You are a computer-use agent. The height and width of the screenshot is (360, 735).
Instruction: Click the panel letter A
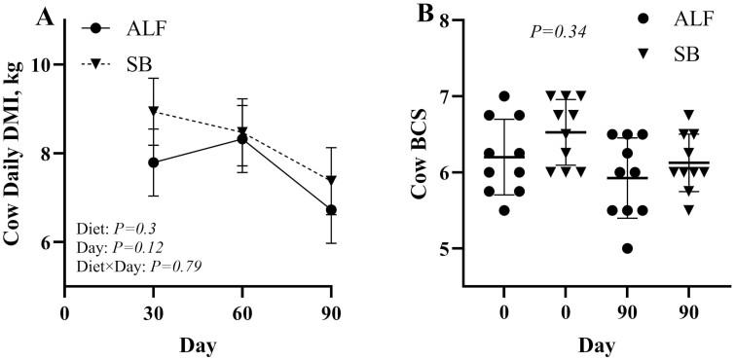pyautogui.click(x=17, y=16)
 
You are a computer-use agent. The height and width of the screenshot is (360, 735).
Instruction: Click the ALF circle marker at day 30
pyautogui.click(x=154, y=162)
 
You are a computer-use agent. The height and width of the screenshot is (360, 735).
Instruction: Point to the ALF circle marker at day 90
pyautogui.click(x=331, y=210)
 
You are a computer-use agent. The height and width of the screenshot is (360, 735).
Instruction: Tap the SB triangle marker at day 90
pyautogui.click(x=331, y=180)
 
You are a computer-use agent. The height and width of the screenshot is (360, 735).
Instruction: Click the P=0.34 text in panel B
pyautogui.click(x=558, y=31)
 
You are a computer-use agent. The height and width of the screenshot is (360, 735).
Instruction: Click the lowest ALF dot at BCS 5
pyautogui.click(x=599, y=248)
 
